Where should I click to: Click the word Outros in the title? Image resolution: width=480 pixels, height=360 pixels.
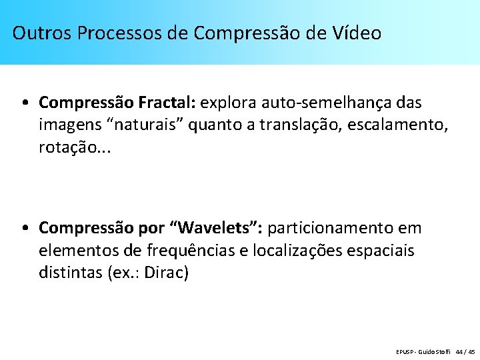point(42,33)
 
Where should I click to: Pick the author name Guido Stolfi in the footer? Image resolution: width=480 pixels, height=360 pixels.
point(435,351)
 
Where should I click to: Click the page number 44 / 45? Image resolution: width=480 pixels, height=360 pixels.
point(464,351)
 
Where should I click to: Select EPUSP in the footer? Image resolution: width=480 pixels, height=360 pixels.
point(405,351)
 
